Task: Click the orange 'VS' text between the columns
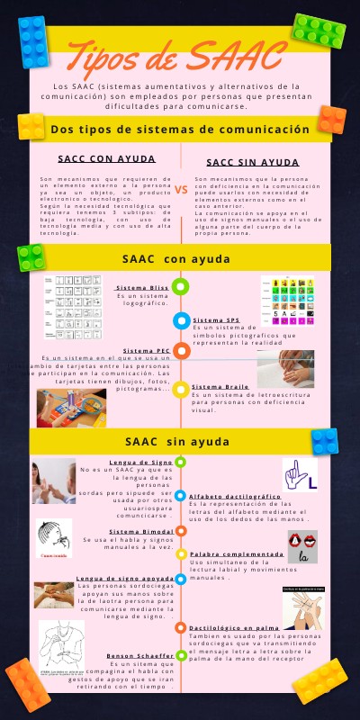click(181, 190)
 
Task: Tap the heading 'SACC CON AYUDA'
click(106, 158)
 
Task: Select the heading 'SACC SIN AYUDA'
click(254, 163)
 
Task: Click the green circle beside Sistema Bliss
click(181, 287)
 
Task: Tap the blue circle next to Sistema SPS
click(181, 319)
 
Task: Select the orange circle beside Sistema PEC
click(181, 350)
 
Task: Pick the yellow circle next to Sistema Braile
click(181, 389)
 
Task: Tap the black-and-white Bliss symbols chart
click(73, 296)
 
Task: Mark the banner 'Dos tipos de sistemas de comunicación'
click(180, 130)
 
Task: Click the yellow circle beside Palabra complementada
click(181, 554)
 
